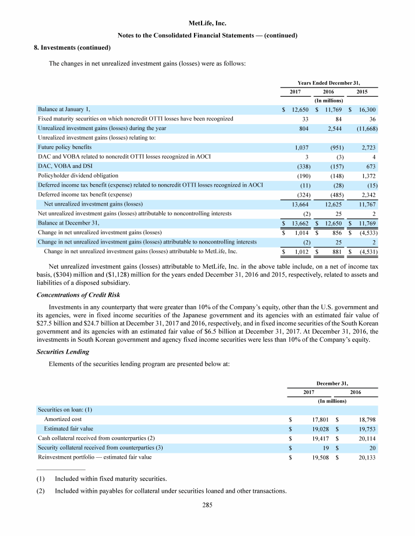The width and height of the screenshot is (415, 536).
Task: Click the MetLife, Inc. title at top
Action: pos(207,24)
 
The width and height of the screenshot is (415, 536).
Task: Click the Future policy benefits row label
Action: pos(64,147)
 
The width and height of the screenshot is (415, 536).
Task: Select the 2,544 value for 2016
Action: pos(329,128)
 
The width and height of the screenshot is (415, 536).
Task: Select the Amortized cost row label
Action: pos(63,419)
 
